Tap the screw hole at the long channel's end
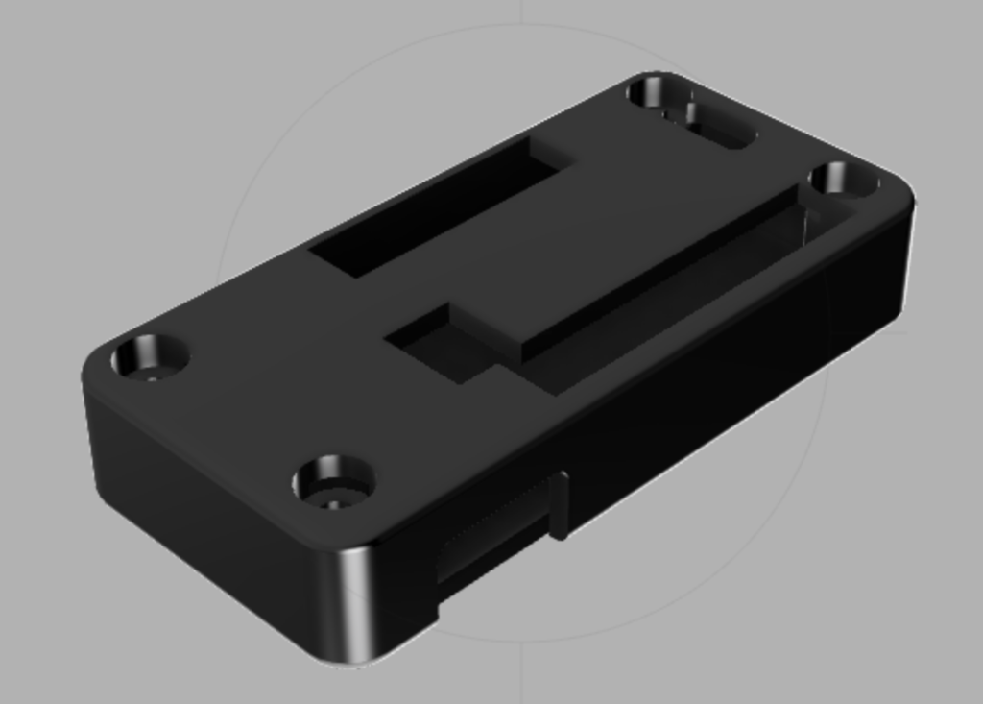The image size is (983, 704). (x=842, y=179)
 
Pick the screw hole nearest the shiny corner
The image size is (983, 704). (x=333, y=481)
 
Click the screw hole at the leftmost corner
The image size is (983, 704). (x=149, y=357)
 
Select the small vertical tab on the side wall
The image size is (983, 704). (x=559, y=505)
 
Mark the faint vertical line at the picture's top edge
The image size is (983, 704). (x=521, y=10)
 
